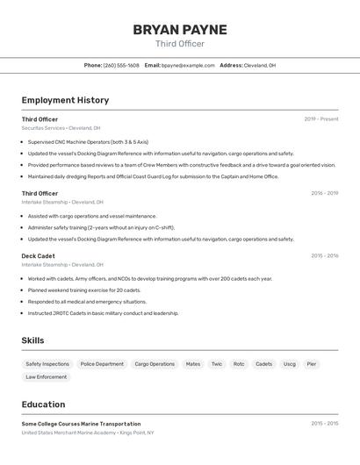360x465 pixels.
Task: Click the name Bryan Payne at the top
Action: coord(180,30)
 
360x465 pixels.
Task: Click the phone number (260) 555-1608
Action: coord(121,65)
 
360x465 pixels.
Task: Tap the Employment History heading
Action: coord(65,100)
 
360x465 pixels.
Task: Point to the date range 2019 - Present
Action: coord(321,118)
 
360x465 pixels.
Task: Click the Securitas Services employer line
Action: coord(61,128)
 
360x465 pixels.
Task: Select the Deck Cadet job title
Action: coord(39,256)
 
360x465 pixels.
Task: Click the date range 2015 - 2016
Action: coord(324,256)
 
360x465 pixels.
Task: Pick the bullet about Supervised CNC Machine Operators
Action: coord(88,141)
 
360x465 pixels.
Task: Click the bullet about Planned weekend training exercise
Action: coord(83,290)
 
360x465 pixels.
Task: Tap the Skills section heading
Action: coord(33,340)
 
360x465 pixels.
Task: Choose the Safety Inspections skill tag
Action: coord(47,363)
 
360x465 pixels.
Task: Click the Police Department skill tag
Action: coord(102,363)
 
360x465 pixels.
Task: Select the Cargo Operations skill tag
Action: coord(155,363)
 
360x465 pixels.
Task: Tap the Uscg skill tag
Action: coord(289,363)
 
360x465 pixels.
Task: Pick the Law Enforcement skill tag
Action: coord(47,377)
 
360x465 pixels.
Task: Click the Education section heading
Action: coord(43,404)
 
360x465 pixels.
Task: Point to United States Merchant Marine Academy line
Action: coord(88,433)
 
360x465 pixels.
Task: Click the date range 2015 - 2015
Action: coord(324,423)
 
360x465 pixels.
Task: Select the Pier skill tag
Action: coord(312,363)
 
